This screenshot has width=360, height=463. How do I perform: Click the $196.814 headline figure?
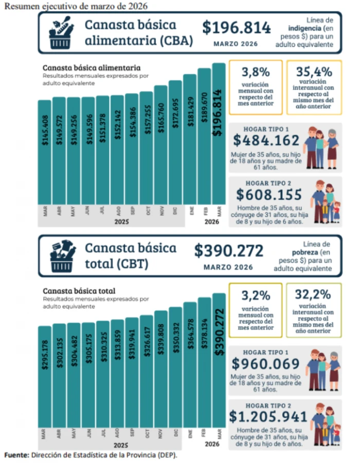236,28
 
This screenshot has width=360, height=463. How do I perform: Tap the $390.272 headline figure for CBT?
228,251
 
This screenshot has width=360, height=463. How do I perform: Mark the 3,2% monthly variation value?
256,295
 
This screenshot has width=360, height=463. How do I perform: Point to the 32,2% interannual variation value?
313,295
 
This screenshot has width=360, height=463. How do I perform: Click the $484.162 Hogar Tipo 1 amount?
266,140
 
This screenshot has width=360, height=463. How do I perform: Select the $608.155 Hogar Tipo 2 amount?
268,194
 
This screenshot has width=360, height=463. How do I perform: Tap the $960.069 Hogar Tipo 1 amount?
265,364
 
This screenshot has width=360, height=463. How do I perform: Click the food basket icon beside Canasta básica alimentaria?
61,32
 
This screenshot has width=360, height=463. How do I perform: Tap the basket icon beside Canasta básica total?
62,255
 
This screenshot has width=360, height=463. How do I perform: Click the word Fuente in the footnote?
16,455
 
